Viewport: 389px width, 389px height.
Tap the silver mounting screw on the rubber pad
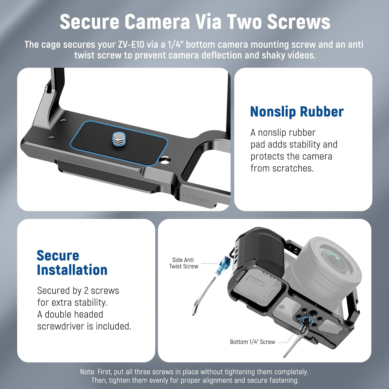(x=119, y=138)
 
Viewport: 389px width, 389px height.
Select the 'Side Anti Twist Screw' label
(x=183, y=263)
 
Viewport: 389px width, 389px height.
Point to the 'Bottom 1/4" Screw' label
(x=252, y=342)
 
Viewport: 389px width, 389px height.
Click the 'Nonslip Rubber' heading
(x=297, y=112)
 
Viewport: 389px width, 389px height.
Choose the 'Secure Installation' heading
(x=72, y=263)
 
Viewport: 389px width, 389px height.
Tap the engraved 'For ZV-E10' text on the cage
(x=196, y=198)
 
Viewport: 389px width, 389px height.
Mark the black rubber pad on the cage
(x=119, y=143)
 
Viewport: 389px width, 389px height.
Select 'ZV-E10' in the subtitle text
(x=131, y=45)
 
